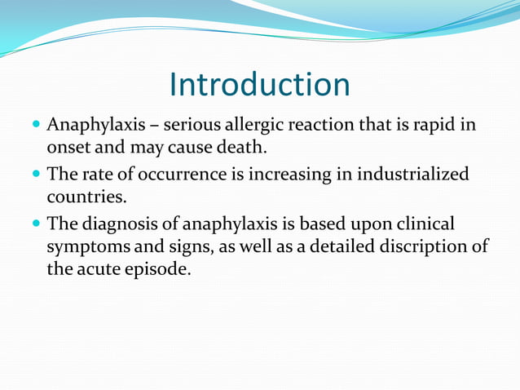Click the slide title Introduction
(259, 85)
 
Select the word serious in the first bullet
(192, 126)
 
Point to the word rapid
(439, 126)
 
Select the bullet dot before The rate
(36, 175)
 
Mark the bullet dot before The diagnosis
(36, 224)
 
